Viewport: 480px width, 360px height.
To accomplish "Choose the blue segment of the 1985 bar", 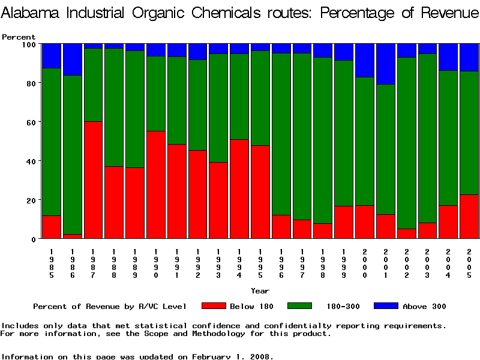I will tap(52, 56).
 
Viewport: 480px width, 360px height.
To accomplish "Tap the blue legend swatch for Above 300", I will tap(385, 306).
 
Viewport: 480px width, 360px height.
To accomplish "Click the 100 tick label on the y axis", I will tap(29, 44).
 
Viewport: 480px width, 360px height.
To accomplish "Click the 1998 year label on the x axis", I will tap(323, 261).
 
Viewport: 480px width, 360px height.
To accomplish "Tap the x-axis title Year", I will tap(260, 291).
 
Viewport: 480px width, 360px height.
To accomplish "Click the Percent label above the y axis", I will tap(19, 37).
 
